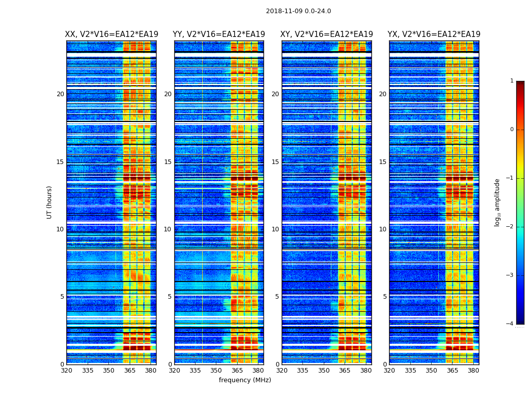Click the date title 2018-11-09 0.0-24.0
(298, 11)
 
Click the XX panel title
(111, 34)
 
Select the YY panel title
(219, 34)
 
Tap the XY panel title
(327, 34)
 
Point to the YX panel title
(434, 34)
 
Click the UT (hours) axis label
(50, 202)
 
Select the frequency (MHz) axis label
(245, 380)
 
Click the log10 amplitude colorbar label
(497, 202)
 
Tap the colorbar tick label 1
(512, 81)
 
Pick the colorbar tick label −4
(510, 324)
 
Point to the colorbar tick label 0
(512, 130)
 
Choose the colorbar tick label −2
(510, 227)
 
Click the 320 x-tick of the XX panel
(66, 371)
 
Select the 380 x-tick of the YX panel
(473, 371)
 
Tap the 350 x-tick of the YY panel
(216, 371)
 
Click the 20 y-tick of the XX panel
(60, 94)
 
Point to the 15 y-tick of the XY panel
(275, 162)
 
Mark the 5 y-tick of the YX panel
(385, 297)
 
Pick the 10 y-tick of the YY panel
(168, 229)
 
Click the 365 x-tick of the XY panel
(345, 371)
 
